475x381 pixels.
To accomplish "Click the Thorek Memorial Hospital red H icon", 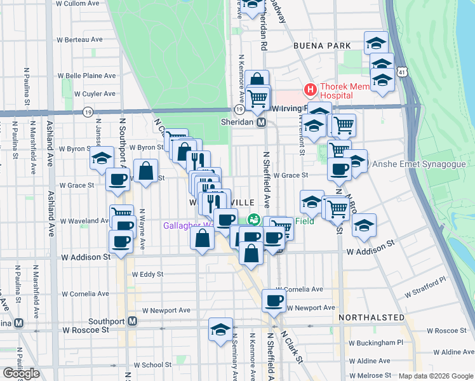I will point(311,90).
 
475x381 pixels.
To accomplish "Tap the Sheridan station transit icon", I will point(261,121).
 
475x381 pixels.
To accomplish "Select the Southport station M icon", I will point(132,321).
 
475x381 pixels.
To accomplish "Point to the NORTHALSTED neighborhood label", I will point(371,317).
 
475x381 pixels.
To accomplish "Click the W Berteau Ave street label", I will point(79,39).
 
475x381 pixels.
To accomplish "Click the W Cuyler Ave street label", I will point(95,93).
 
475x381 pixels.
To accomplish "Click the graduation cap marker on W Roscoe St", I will point(220,330).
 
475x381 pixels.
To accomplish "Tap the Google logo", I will point(21,373).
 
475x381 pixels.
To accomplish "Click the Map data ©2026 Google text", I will point(436,376).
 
